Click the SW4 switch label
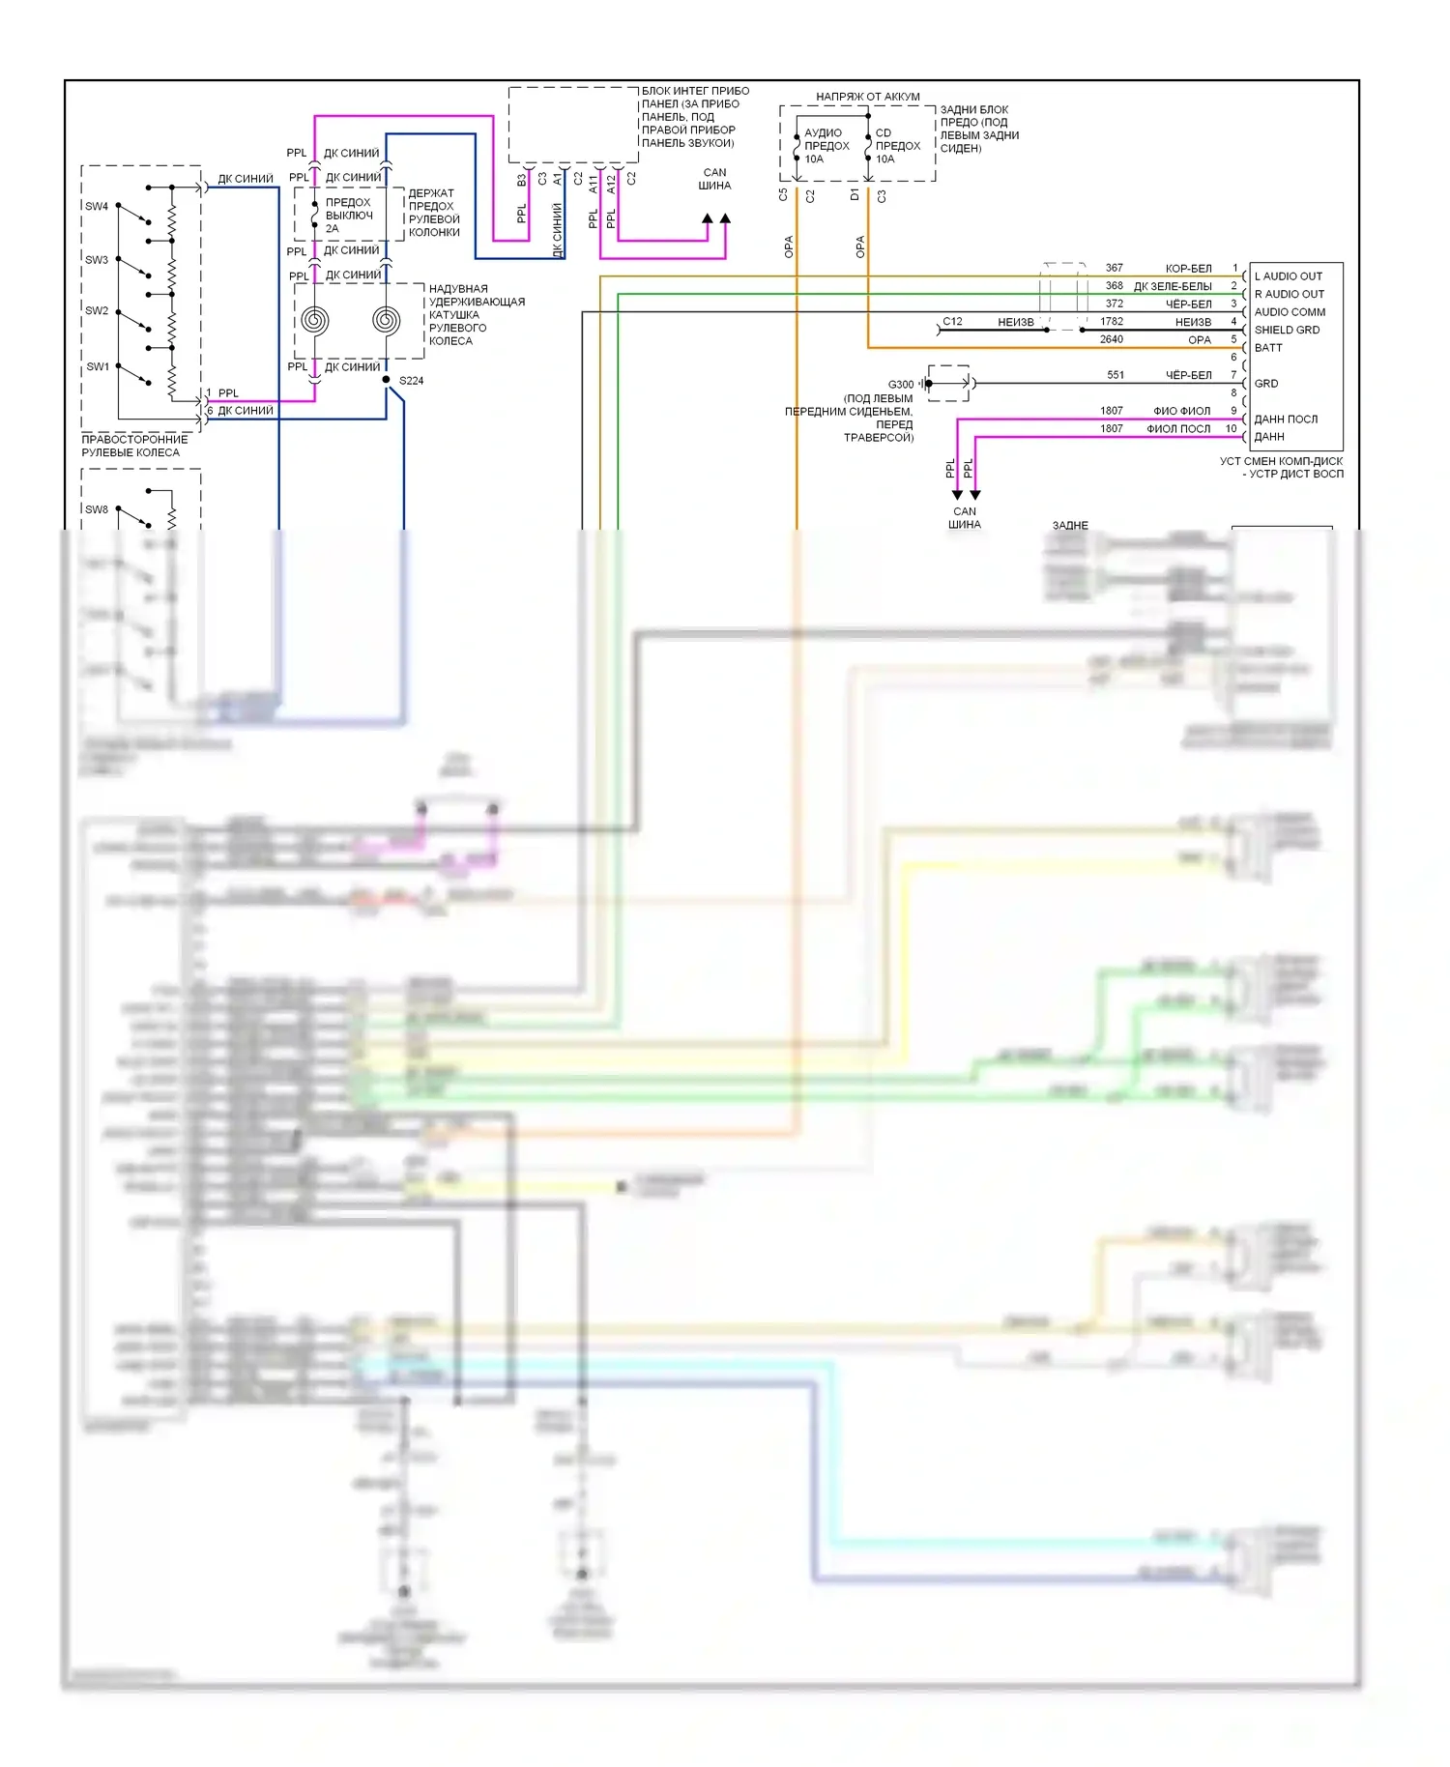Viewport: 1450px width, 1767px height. coord(97,206)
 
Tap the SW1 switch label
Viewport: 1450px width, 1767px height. coord(98,366)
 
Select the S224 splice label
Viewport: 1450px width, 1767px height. coord(411,381)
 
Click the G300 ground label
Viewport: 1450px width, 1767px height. coord(900,385)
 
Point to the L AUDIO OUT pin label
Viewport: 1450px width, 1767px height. coord(1288,276)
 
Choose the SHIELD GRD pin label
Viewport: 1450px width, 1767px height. coord(1287,330)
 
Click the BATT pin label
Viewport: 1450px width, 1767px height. coord(1268,348)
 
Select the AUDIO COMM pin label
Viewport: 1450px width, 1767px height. coord(1290,312)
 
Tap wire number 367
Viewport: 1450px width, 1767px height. coord(1115,268)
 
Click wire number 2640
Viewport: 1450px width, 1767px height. coord(1112,339)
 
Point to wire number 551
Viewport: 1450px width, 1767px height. coord(1116,375)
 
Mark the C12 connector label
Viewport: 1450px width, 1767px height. coord(952,322)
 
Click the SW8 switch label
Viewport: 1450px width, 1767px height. coord(97,509)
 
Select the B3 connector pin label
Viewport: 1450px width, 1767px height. coord(522,180)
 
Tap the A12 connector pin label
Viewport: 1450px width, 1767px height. coord(611,184)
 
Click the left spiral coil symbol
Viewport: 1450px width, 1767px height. coord(315,320)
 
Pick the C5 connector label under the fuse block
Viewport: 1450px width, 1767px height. coord(783,195)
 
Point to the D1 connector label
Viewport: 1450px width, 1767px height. coord(855,195)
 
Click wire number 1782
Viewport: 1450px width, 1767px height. coord(1112,322)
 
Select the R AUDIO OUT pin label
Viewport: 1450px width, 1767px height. coord(1289,294)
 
